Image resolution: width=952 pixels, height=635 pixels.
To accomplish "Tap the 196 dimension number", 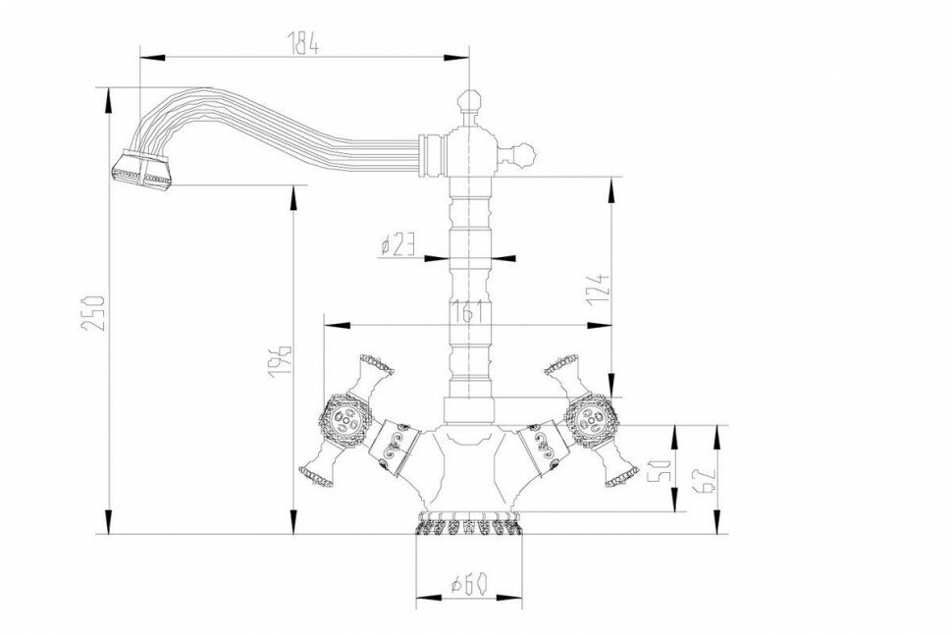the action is [x=280, y=361].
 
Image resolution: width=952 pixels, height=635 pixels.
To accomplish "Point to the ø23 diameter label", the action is [x=397, y=244].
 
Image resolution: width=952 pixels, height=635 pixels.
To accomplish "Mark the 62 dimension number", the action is [x=726, y=479].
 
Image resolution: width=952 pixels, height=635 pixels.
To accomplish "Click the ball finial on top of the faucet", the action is [x=468, y=100].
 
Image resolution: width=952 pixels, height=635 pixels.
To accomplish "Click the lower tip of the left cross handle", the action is [x=315, y=476].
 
